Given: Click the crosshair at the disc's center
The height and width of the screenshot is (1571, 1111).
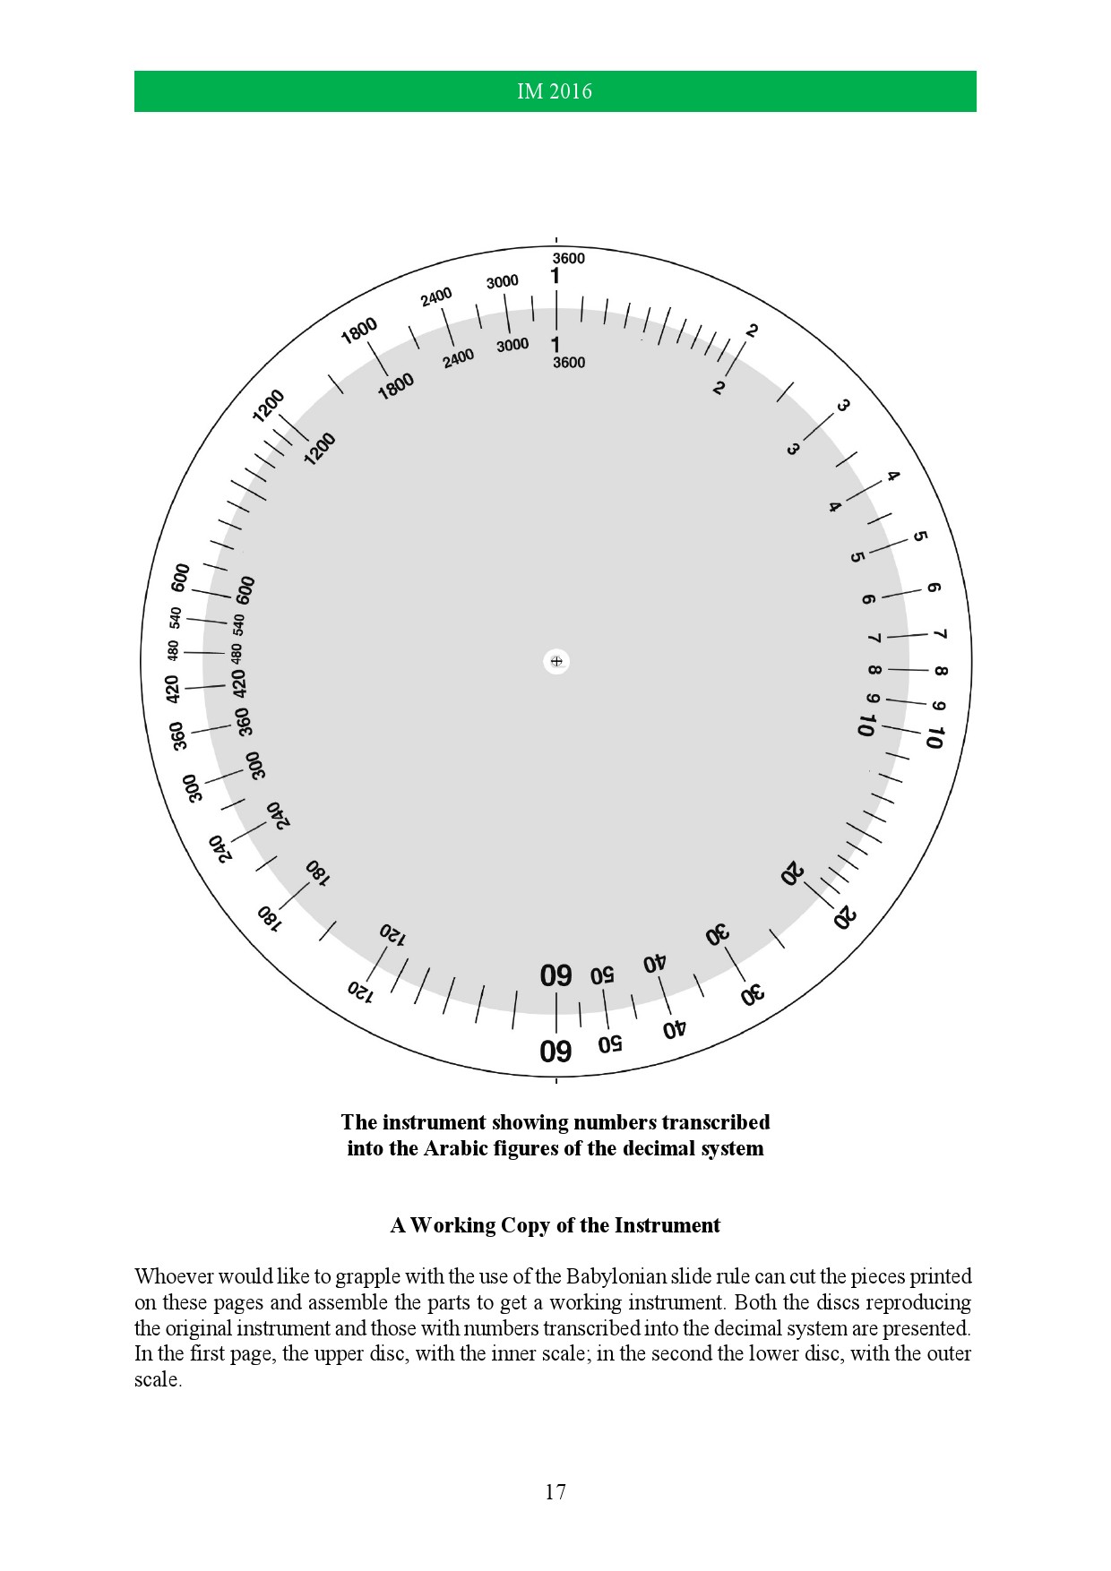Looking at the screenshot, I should pos(556,661).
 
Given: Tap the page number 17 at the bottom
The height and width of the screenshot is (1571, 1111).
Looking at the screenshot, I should pos(555,1491).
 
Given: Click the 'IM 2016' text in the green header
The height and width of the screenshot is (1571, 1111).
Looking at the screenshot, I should pos(555,91).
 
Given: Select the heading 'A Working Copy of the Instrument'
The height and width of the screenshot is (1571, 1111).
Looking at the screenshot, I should pos(555,1224).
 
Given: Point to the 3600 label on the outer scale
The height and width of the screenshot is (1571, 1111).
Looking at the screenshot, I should pos(568,259).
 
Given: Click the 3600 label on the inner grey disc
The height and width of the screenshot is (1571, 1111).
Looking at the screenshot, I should pos(568,363).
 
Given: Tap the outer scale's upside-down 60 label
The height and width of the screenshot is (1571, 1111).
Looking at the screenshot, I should pos(555,1050).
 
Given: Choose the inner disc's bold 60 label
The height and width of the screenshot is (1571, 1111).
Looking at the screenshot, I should pos(555,975).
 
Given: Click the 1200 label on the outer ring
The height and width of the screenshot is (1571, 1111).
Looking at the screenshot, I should pos(268,406).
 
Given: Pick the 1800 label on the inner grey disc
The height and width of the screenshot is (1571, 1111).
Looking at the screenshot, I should pos(396,386).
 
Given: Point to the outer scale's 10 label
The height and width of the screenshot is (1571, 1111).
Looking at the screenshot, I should pos(934,738).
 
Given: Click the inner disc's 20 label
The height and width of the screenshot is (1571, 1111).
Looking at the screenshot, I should pos(793,872).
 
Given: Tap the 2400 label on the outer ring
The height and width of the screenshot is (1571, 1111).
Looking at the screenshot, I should pos(436,296).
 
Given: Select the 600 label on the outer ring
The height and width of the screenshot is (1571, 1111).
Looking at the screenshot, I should pos(180,578).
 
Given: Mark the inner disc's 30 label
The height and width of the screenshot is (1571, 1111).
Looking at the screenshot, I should pos(718,935).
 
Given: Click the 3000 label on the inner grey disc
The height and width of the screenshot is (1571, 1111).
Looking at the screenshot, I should pos(512,345).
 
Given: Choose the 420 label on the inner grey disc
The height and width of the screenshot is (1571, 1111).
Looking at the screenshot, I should pos(239,683).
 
